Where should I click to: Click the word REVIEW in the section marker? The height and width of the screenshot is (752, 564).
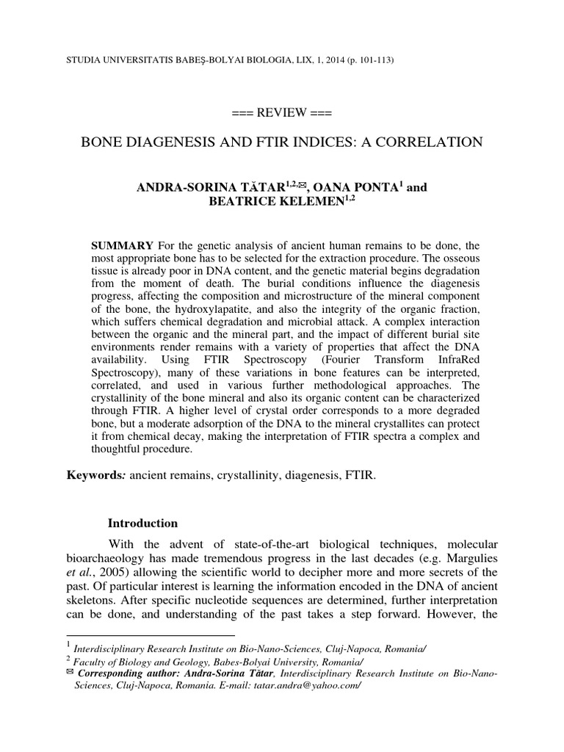[x=282, y=113]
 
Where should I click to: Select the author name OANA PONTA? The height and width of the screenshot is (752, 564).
[x=355, y=188]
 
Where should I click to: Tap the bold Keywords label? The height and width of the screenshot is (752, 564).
[x=95, y=476]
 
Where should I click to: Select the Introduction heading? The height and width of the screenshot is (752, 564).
[x=142, y=524]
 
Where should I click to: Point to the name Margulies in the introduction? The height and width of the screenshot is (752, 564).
[x=472, y=557]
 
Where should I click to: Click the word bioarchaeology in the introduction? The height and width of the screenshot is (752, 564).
[x=108, y=557]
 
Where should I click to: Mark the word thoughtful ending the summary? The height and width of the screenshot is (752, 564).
[x=119, y=449]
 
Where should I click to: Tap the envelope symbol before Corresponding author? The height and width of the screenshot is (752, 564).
[x=70, y=672]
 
